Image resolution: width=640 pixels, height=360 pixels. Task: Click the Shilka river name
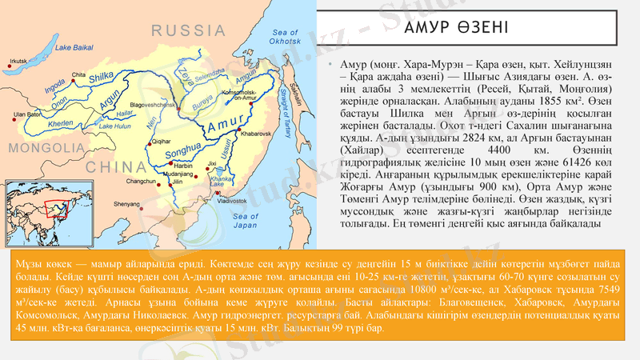(x=102, y=76)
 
